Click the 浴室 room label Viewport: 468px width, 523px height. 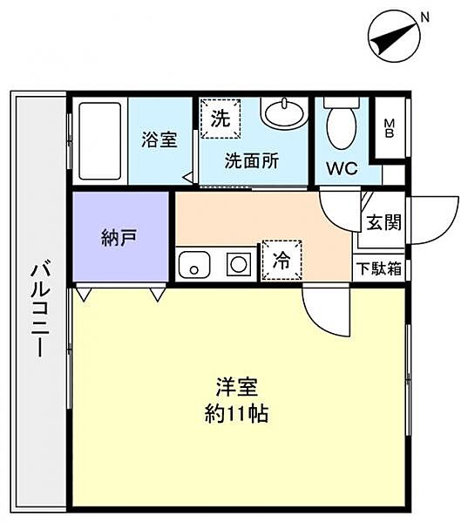pyautogui.click(x=159, y=139)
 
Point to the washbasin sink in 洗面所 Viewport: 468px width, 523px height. pyautogui.click(x=284, y=112)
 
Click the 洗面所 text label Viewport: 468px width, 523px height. pyautogui.click(x=252, y=161)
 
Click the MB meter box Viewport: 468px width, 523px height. pyautogui.click(x=389, y=128)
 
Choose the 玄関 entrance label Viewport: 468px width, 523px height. pyautogui.click(x=383, y=222)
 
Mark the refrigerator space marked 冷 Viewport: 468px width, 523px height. pyautogui.click(x=281, y=260)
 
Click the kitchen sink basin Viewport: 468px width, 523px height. pyautogui.click(x=194, y=264)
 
